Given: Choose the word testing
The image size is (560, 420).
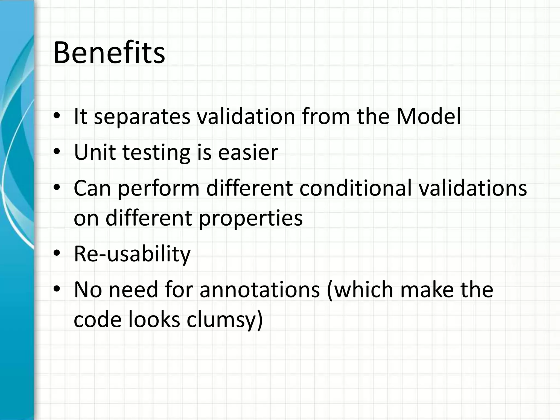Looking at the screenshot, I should (156, 153).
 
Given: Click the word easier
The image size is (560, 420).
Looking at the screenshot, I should (248, 152).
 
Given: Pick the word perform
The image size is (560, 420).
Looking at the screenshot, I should (159, 189).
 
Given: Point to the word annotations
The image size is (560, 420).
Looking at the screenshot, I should (259, 290).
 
